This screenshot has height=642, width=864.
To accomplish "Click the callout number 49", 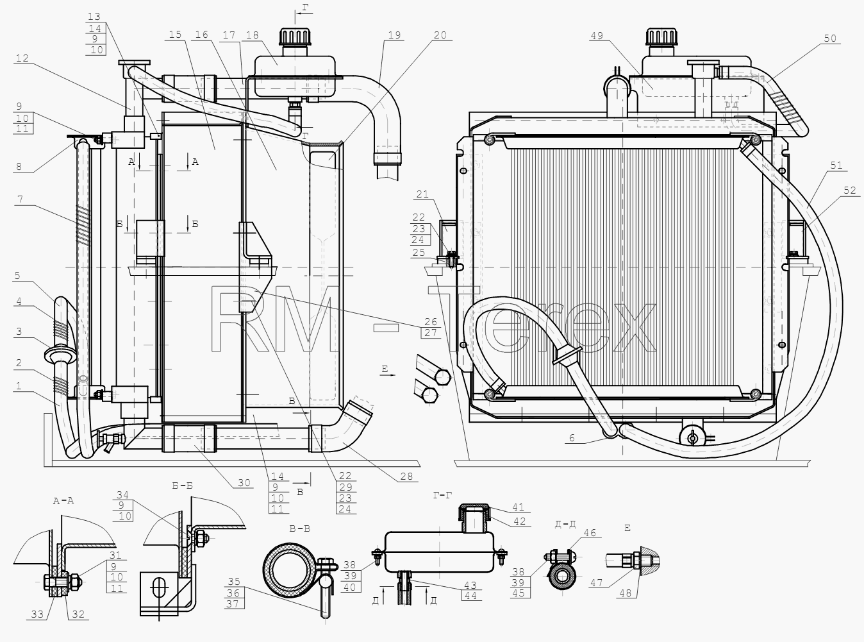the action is pyautogui.click(x=597, y=36).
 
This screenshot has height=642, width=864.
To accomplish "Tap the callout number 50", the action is pyautogui.click(x=830, y=38).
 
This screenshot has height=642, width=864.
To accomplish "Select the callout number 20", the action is pyautogui.click(x=440, y=35).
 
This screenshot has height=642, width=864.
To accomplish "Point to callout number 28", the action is pyautogui.click(x=406, y=477).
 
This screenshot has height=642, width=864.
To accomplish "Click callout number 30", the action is pyautogui.click(x=244, y=483).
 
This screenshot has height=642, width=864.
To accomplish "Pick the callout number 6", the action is pyautogui.click(x=572, y=438).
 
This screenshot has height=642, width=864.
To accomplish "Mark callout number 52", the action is pyautogui.click(x=850, y=190).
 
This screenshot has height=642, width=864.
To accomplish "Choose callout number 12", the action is pyautogui.click(x=22, y=58).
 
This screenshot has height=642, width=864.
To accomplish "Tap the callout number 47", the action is pyautogui.click(x=596, y=583).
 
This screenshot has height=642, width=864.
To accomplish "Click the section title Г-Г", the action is pyautogui.click(x=442, y=495).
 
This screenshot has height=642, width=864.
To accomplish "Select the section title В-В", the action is pyautogui.click(x=299, y=529).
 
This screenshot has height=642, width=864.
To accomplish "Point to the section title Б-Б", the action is pyautogui.click(x=182, y=486).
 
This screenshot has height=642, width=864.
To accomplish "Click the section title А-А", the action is pyautogui.click(x=63, y=501).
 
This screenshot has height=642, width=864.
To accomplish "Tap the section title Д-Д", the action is pyautogui.click(x=565, y=524).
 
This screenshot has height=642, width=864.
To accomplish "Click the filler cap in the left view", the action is pyautogui.click(x=295, y=37).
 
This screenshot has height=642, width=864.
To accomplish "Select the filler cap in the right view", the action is pyautogui.click(x=661, y=37).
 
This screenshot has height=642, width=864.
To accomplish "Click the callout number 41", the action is pyautogui.click(x=518, y=507).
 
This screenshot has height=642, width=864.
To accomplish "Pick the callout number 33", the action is pyautogui.click(x=37, y=614).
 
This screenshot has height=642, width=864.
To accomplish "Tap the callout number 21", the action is pyautogui.click(x=422, y=194).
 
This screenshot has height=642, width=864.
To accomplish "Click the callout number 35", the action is pyautogui.click(x=234, y=582).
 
